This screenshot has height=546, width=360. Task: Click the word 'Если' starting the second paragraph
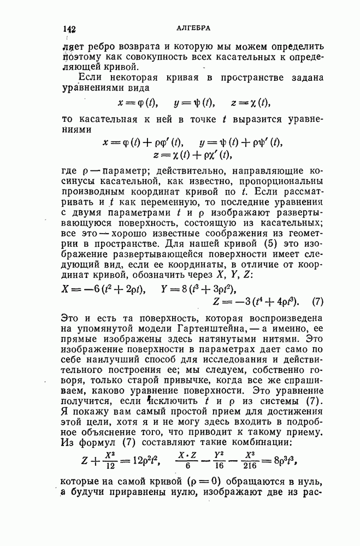(91, 77)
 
